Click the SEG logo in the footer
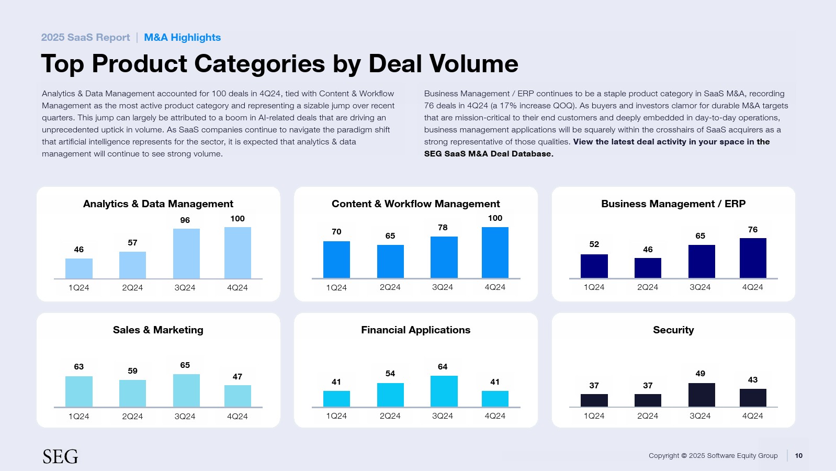(x=60, y=456)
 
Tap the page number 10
(x=798, y=455)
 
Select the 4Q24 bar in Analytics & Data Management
(x=238, y=253)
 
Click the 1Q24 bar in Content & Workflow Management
(x=336, y=260)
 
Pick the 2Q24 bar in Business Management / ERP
(x=648, y=268)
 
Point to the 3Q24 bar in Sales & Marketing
(x=186, y=390)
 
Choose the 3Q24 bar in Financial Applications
(x=444, y=391)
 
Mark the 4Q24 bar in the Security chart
(x=753, y=398)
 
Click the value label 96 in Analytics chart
(x=185, y=220)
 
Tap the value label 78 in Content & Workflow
(x=443, y=228)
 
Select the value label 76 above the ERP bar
(x=753, y=230)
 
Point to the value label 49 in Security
(x=701, y=374)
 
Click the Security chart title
(x=673, y=330)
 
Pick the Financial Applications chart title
(x=415, y=330)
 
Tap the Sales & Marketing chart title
(x=158, y=330)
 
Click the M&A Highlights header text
(x=182, y=38)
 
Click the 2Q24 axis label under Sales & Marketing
(x=132, y=417)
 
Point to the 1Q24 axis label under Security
(x=594, y=416)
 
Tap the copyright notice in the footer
(x=713, y=456)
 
